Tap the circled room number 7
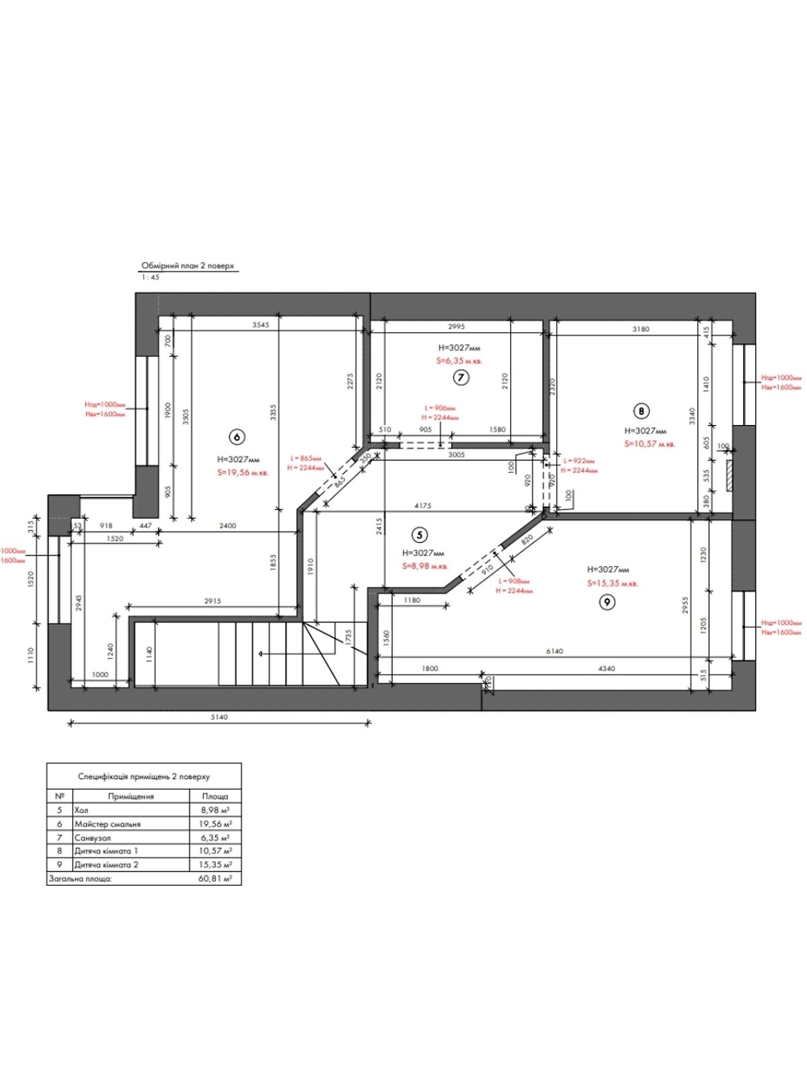click(461, 377)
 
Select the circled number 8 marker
click(642, 410)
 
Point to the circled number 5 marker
click(420, 535)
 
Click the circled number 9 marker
click(607, 602)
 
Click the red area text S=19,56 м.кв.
click(243, 473)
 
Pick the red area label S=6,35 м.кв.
click(459, 361)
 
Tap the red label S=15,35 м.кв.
click(613, 584)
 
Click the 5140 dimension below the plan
click(219, 717)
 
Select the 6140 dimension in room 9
click(555, 651)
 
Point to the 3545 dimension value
click(260, 325)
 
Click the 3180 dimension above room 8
click(641, 329)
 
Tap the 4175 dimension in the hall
click(423, 506)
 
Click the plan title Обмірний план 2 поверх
click(188, 266)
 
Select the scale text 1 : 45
click(151, 277)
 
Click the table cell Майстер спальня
click(108, 824)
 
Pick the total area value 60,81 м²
click(215, 878)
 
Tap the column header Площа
click(215, 796)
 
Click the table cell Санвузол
click(93, 838)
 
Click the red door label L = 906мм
click(440, 408)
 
